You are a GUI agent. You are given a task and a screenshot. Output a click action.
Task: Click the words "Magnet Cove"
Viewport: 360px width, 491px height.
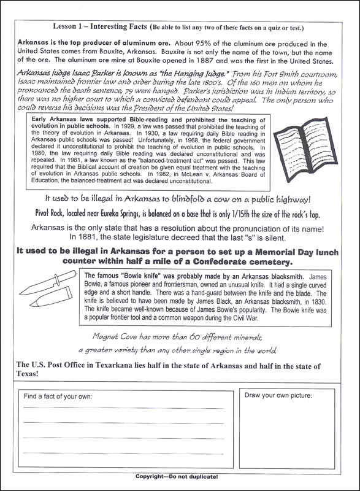tap(117, 336)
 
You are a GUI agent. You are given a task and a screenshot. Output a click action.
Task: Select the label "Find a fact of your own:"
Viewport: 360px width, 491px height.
tap(58, 396)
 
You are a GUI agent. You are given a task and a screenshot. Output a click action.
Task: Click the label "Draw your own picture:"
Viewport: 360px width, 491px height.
tap(278, 396)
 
